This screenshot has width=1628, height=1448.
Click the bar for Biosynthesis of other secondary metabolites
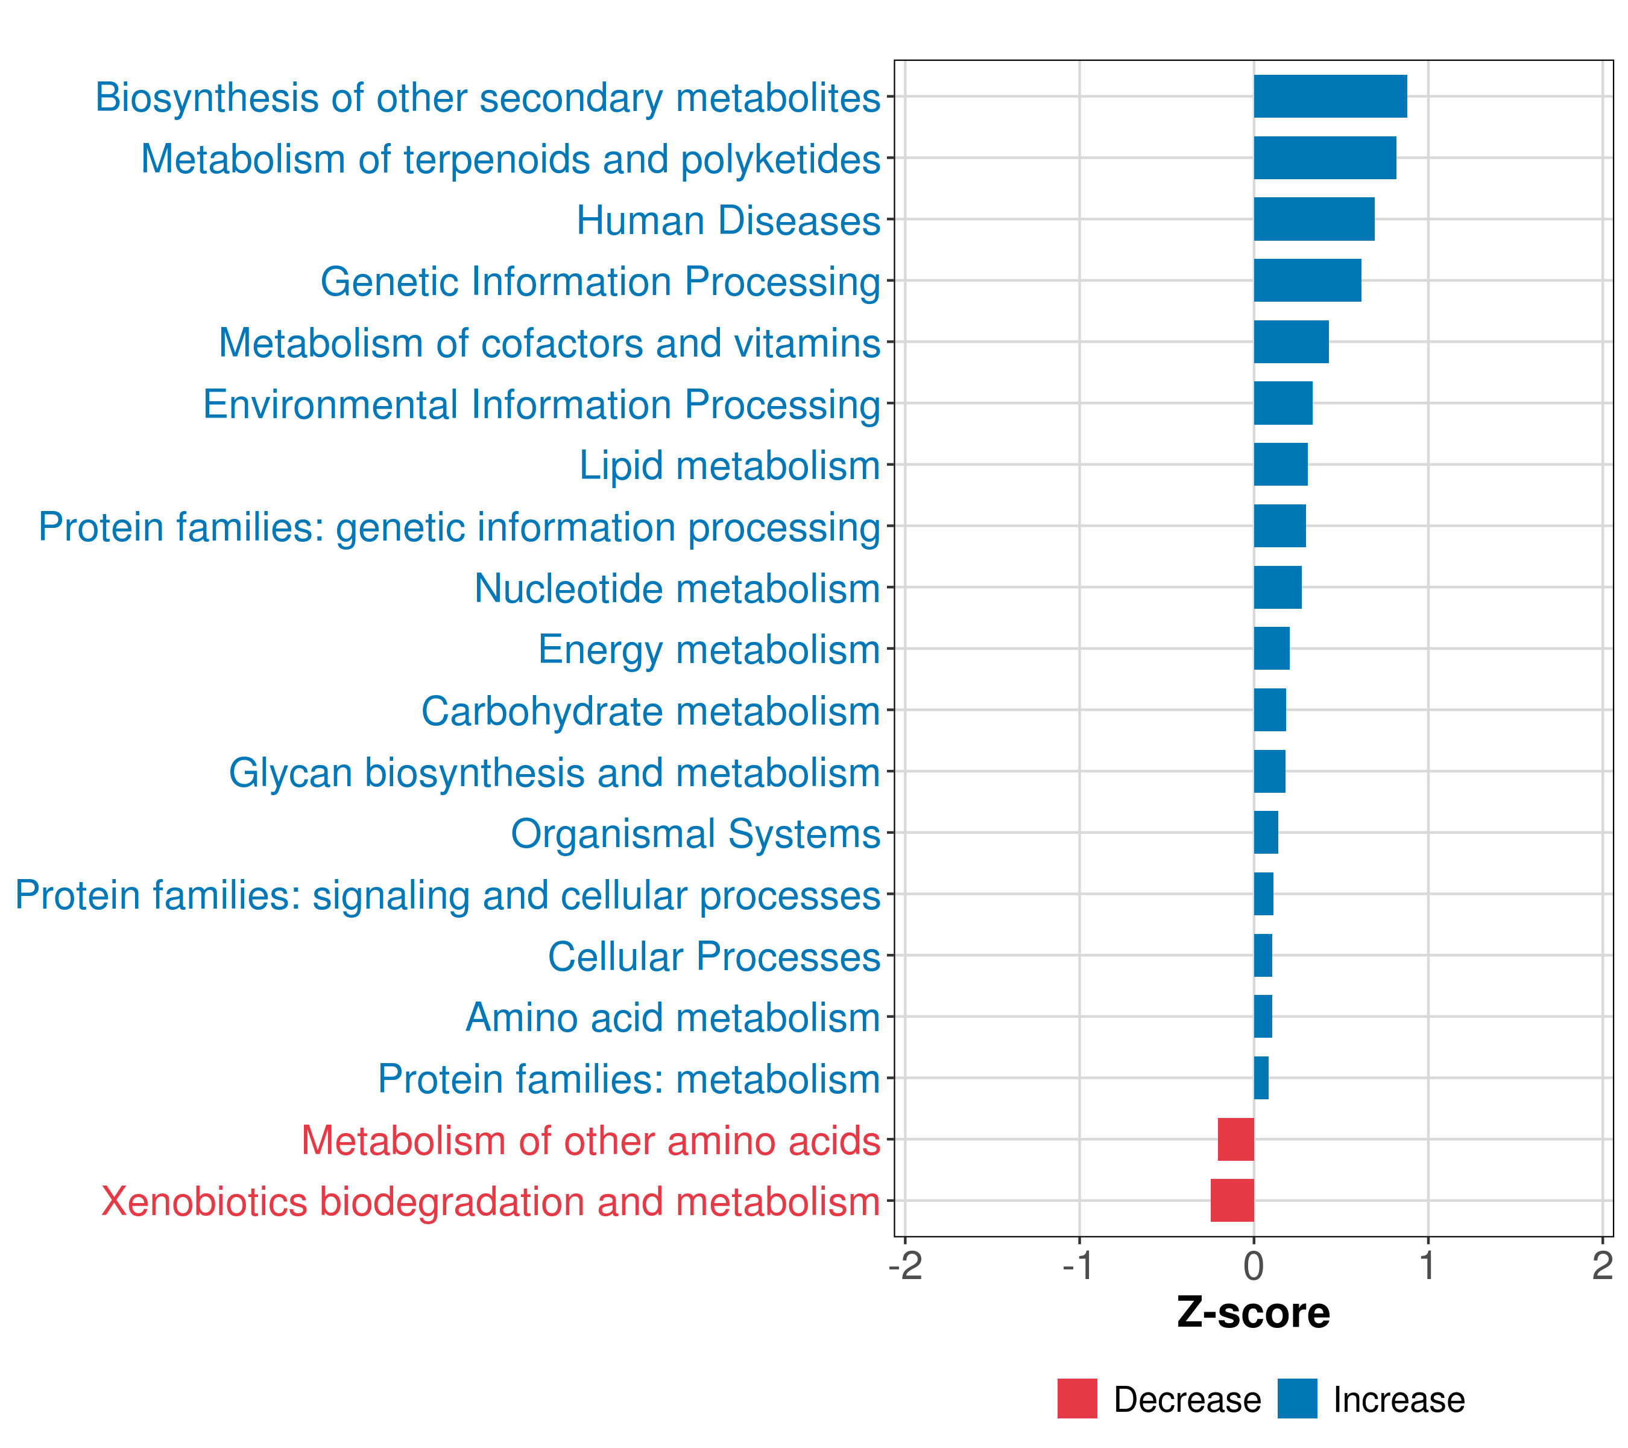[1330, 97]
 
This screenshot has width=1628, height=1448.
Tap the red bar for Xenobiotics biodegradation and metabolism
[1232, 1200]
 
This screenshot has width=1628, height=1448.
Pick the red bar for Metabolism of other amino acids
[1235, 1139]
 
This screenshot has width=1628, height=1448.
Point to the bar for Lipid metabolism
[1281, 465]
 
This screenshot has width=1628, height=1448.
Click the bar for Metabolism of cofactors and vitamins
[1291, 342]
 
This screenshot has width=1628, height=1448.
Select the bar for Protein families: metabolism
[1261, 1078]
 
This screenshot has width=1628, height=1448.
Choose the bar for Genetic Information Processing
[1307, 281]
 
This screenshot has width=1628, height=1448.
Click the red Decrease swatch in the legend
[1077, 1399]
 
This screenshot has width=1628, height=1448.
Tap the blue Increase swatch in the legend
[1296, 1399]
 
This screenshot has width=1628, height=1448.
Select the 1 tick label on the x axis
[1427, 1266]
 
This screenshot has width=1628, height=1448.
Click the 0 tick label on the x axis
[1254, 1266]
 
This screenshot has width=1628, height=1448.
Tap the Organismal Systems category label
[695, 834]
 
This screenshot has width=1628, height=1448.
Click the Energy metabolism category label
[709, 649]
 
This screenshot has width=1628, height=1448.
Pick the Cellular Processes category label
[714, 956]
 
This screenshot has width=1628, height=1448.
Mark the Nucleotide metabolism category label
[677, 588]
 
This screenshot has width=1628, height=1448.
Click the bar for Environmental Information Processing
[1283, 403]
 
